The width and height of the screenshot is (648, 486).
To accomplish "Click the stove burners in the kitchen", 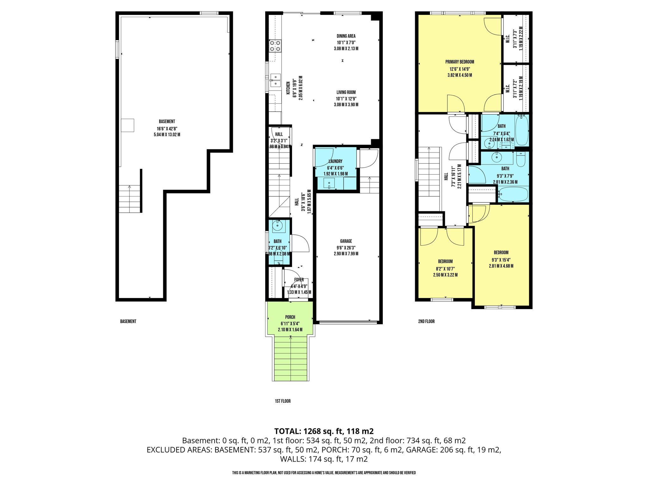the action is click(275, 46).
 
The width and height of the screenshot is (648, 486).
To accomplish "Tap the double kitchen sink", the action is click(275, 80).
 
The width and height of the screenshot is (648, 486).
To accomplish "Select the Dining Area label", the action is click(346, 36).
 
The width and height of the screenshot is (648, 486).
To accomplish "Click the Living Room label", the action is click(346, 92).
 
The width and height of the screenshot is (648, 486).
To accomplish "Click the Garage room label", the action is click(346, 241).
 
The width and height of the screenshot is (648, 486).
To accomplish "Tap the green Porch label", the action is click(290, 317).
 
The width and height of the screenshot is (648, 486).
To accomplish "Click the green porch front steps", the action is click(291, 358).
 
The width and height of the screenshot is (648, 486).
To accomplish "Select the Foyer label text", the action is click(299, 280).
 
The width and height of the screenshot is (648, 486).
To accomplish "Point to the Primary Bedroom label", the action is click(460, 62).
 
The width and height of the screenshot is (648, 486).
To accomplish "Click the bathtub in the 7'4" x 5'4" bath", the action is click(522, 130).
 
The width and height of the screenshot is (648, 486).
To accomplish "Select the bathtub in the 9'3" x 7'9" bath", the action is click(513, 194).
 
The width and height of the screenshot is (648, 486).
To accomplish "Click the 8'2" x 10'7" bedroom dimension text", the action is click(445, 269).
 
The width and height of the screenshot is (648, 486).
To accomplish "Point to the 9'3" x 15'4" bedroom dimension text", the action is click(501, 260).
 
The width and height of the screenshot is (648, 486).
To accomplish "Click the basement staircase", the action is click(130, 199).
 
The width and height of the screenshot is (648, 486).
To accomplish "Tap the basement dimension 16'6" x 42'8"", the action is click(167, 128).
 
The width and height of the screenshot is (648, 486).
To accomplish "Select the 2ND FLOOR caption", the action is click(426, 321).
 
